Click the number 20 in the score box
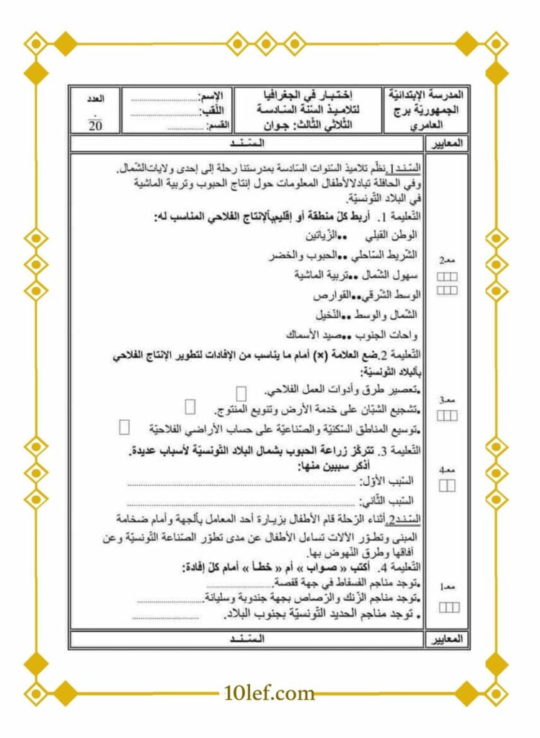click(x=95, y=125)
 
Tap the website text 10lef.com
click(x=270, y=693)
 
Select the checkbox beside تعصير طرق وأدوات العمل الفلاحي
click(x=242, y=392)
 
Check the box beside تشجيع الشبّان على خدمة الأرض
click(x=190, y=407)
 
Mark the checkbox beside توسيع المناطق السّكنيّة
click(x=124, y=427)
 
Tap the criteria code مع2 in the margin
click(x=448, y=259)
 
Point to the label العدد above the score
click(x=95, y=97)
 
